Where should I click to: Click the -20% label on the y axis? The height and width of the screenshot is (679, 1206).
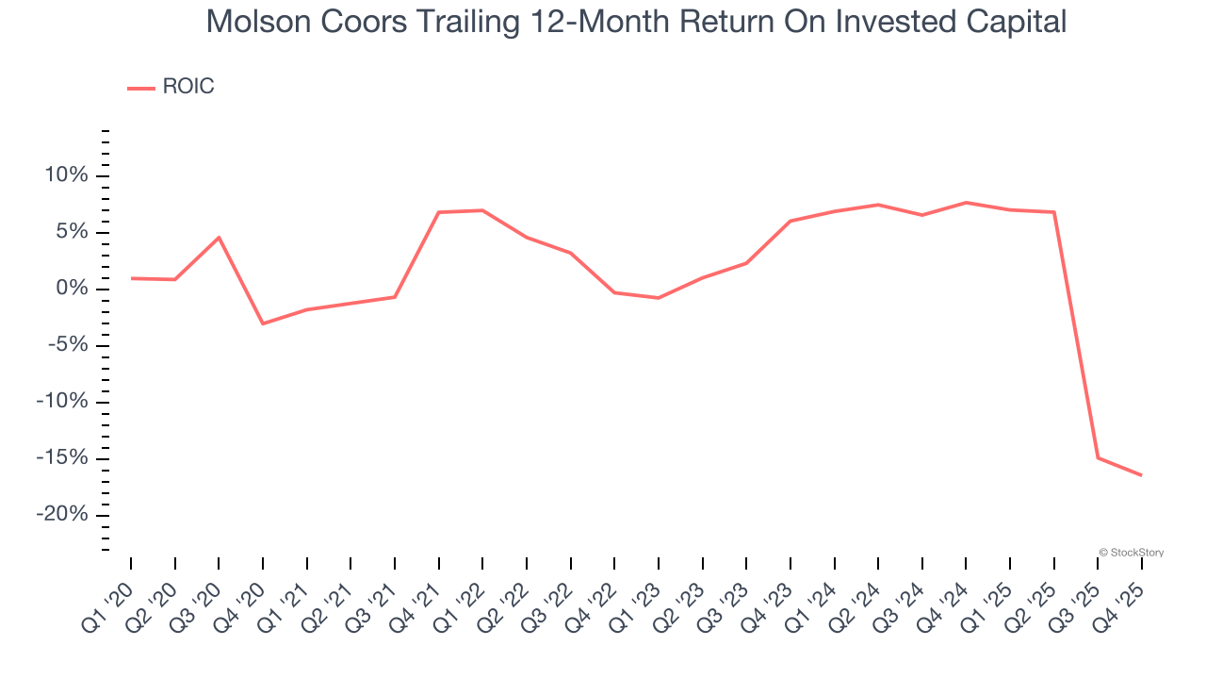point(61,515)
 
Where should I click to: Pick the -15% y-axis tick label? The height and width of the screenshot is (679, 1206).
point(61,458)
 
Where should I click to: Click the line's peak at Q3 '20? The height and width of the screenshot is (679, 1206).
point(219,238)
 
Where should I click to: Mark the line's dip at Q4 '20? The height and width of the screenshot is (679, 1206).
point(263,323)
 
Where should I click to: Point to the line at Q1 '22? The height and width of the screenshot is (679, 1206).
point(482,210)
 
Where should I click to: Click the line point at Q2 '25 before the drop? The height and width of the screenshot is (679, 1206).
point(1054,212)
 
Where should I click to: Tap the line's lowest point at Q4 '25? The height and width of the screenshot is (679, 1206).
point(1142,475)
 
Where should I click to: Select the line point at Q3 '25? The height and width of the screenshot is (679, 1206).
point(1098,457)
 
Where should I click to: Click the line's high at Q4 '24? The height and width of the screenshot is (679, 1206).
point(966,203)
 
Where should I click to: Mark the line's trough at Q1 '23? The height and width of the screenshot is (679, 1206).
point(658,298)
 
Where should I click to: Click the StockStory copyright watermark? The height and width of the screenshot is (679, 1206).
point(1131,553)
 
